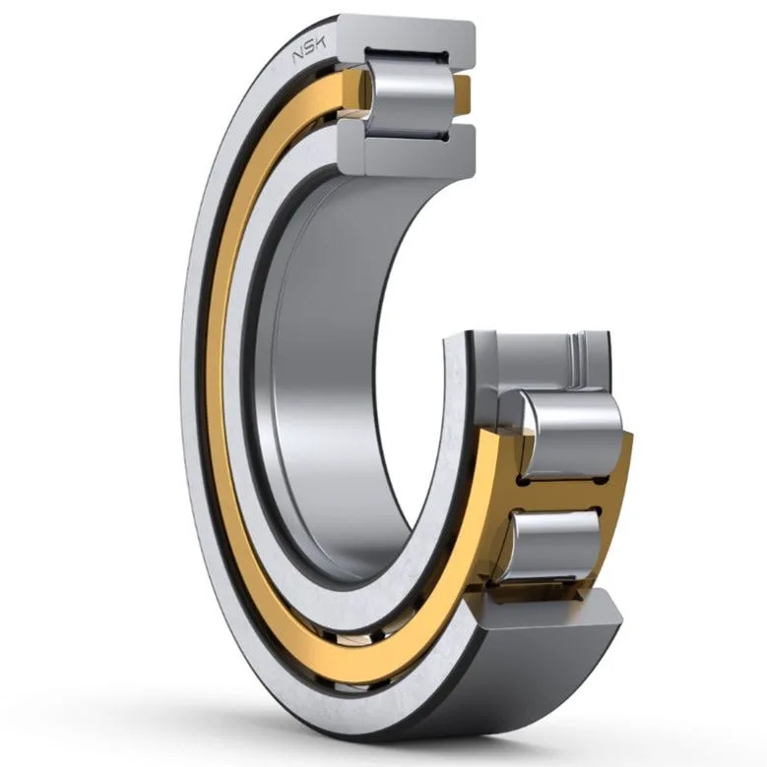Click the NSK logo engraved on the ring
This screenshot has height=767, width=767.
coord(309,50)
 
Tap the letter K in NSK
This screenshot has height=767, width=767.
coord(320,44)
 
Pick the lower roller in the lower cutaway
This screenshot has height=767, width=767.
coord(557,546)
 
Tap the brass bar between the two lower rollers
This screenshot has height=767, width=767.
coord(563,494)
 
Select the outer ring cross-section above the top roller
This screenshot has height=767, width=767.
coord(407,40)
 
